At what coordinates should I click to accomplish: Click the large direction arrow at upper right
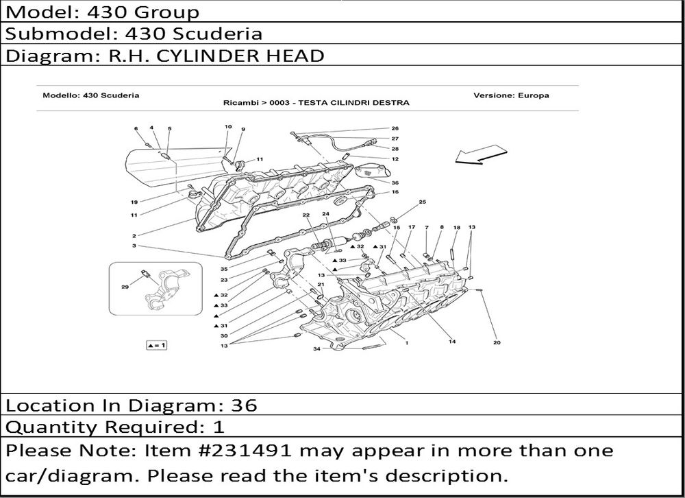tap(481, 154)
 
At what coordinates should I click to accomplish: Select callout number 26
tap(395, 128)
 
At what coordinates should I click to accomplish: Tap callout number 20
tap(497, 342)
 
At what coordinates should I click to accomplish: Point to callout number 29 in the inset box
tap(125, 287)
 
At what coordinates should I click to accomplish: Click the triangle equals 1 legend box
tap(156, 345)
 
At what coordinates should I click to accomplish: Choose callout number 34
tap(316, 348)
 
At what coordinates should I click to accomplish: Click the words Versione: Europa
tap(511, 95)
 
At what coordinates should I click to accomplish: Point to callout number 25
tap(422, 202)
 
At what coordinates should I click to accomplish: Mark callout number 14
tap(452, 342)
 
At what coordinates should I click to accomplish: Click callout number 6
tap(136, 129)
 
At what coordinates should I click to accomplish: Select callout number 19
tap(134, 202)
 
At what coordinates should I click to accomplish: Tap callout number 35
tap(224, 269)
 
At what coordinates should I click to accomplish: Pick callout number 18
tap(456, 228)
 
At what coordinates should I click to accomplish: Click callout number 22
tap(306, 215)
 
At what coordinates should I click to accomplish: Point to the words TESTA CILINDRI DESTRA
tap(354, 103)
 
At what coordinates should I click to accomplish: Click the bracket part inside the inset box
tap(166, 289)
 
